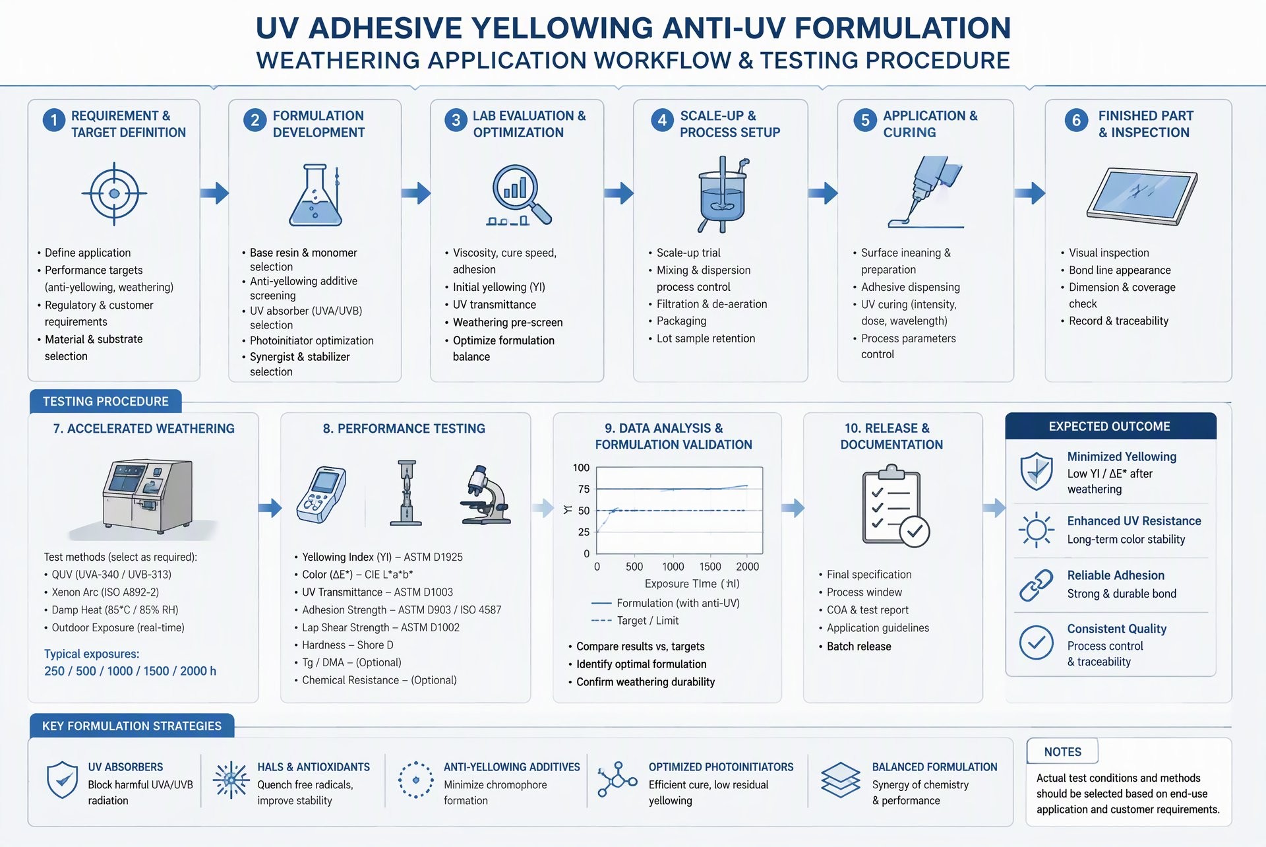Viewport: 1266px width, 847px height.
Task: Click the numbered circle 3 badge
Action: [x=456, y=120]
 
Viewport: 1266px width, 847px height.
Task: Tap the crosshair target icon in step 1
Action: [x=114, y=194]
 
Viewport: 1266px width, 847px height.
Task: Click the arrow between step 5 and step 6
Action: [x=1029, y=193]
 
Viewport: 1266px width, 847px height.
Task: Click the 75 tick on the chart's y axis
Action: [x=584, y=489]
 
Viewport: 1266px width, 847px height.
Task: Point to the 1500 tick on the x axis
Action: [x=710, y=567]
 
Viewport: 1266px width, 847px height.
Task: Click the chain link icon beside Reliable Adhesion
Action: [x=1036, y=585]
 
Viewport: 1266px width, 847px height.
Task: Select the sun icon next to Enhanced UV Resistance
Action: [x=1036, y=530]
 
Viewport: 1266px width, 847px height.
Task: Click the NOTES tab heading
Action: [x=1062, y=752]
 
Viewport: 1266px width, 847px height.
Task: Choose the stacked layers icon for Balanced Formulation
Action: [x=841, y=780]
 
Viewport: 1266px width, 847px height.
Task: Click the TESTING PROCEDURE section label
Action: [x=105, y=401]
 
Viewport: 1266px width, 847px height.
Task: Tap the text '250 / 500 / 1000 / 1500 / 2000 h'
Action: [x=130, y=671]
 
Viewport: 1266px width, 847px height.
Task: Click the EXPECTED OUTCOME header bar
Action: [x=1110, y=426]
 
